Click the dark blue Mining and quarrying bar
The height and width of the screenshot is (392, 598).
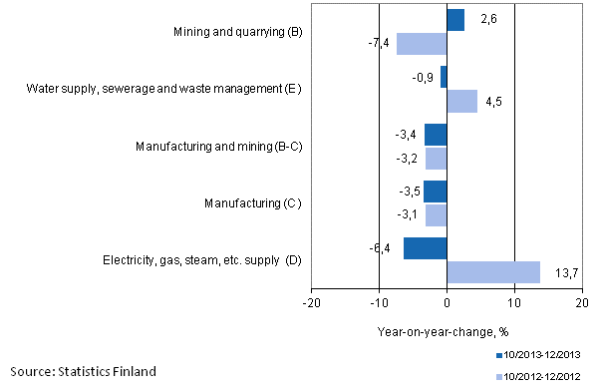click(x=455, y=20)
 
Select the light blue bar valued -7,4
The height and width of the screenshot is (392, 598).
click(x=422, y=44)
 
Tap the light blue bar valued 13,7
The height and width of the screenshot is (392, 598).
click(x=492, y=272)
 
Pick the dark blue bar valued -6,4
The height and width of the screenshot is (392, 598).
click(x=426, y=248)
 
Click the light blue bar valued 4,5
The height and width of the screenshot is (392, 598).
click(x=461, y=101)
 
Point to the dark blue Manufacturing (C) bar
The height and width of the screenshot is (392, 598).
click(x=435, y=192)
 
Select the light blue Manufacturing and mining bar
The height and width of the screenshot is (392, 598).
click(x=436, y=158)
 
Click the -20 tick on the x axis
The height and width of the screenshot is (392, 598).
click(x=312, y=302)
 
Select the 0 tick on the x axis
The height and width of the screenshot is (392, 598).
click(x=447, y=302)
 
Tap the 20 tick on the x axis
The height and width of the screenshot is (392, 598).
click(x=582, y=302)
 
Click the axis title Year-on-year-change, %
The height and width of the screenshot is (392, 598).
click(x=444, y=331)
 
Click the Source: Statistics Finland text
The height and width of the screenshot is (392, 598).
click(x=83, y=372)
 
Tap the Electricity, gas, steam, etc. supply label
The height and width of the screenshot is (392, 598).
click(x=201, y=260)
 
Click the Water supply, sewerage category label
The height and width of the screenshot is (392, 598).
click(x=161, y=90)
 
